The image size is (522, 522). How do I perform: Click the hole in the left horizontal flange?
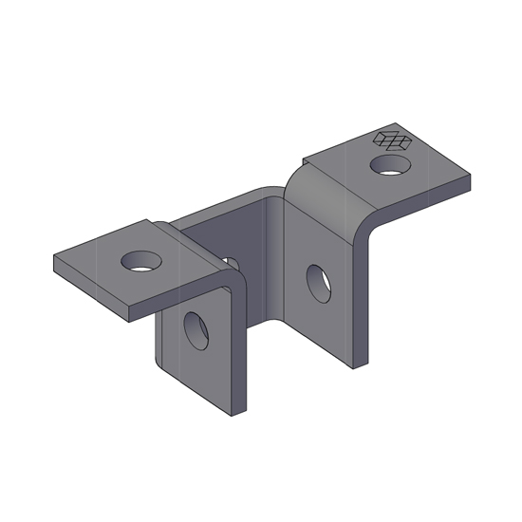tap(140, 260)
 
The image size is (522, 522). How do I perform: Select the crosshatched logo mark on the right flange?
tap(393, 140)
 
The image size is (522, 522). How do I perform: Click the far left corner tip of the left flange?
tap(54, 256)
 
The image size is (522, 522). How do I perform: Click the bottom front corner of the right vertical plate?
tap(357, 366)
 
